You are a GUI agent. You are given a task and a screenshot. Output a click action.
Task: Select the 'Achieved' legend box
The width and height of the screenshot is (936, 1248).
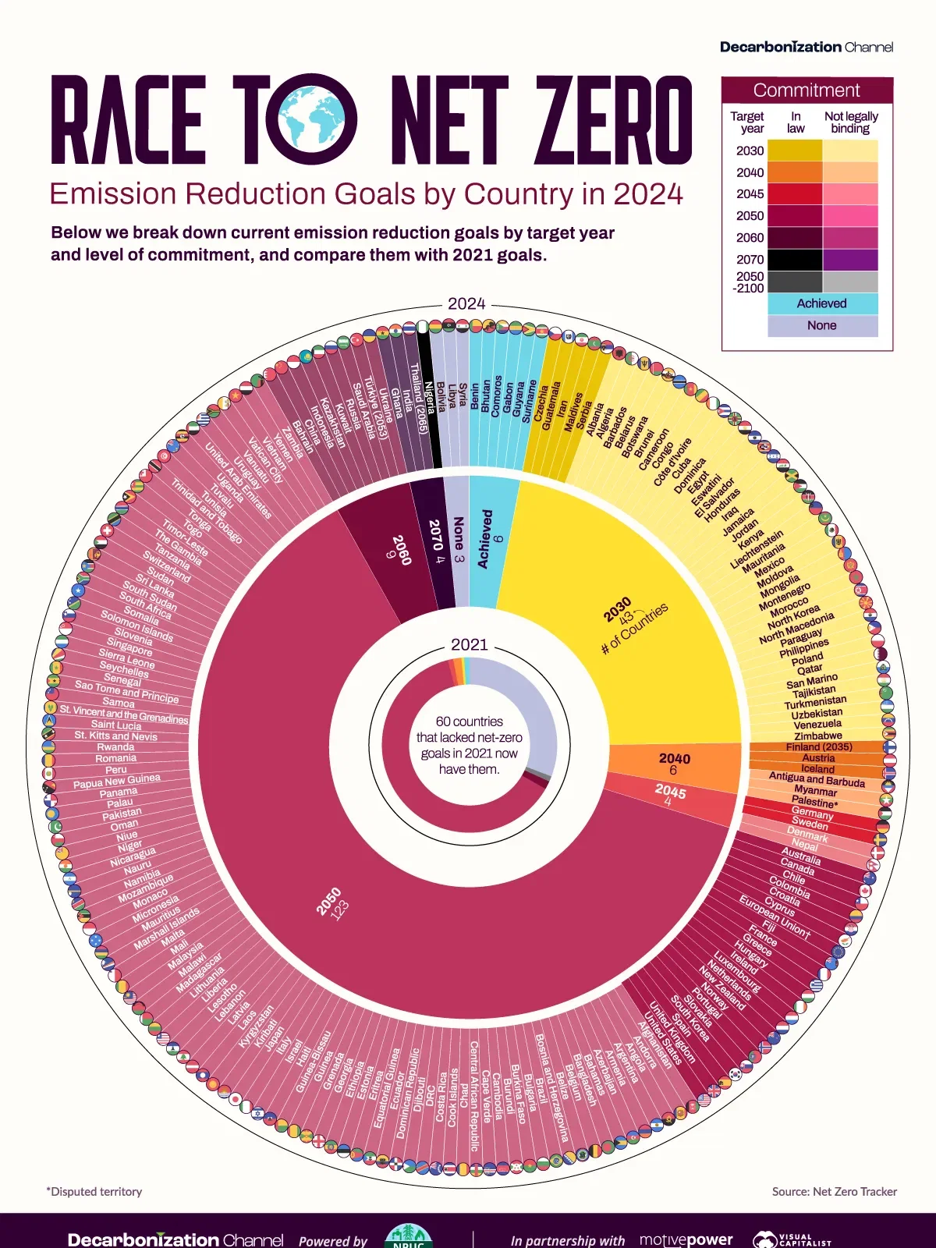[x=822, y=303]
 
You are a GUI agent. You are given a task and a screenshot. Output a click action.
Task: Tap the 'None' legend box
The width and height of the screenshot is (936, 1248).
[x=822, y=325]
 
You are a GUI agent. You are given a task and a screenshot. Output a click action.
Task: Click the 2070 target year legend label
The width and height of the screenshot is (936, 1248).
[x=750, y=260]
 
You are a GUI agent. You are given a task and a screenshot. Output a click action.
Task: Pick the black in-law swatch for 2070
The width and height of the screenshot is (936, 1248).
[x=795, y=260]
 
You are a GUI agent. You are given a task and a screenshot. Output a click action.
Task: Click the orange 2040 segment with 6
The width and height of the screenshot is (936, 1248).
[x=674, y=764]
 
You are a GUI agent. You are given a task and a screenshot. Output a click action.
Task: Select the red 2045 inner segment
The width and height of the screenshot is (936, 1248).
[x=671, y=796]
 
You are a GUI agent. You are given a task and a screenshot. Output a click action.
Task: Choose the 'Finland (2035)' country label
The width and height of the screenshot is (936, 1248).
[x=819, y=746]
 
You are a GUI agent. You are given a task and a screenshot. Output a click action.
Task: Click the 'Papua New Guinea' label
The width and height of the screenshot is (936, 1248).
[x=117, y=781]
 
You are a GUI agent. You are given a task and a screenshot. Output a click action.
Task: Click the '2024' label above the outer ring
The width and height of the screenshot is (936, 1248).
[x=466, y=303]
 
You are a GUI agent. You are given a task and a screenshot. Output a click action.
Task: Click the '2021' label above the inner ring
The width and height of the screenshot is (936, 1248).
[x=469, y=644]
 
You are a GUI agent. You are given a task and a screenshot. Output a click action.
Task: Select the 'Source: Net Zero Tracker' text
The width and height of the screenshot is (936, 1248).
[x=834, y=1191]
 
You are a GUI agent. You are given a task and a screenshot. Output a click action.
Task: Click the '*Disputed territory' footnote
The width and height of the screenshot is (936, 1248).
[x=94, y=1191]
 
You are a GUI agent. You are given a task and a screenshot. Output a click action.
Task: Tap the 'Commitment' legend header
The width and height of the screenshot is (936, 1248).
[x=807, y=90]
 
